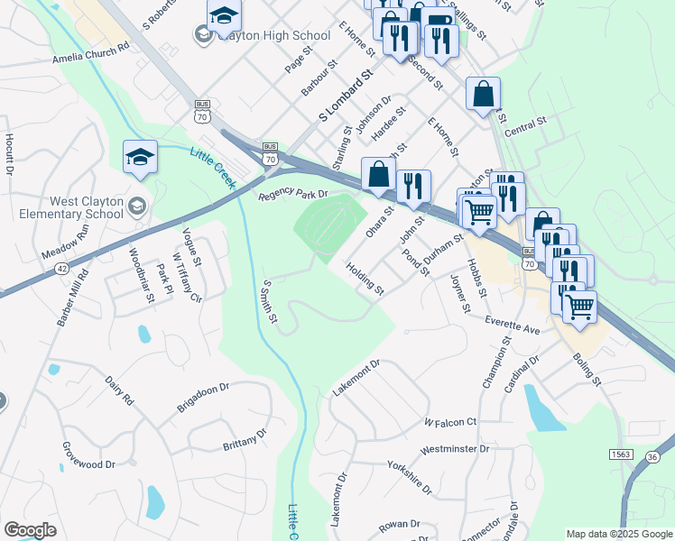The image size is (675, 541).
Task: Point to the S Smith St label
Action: tap(269, 301)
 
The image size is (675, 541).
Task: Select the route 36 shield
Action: tap(652, 458)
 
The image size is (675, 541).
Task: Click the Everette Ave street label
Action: tap(512, 326)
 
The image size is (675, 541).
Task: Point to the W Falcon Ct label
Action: tap(449, 421)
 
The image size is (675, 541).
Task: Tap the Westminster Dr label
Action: tap(455, 448)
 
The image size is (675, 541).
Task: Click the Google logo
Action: tap(30, 529)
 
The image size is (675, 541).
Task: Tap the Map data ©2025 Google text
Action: tap(618, 534)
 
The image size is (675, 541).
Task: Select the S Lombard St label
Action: tap(345, 100)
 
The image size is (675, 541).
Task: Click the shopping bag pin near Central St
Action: tap(483, 93)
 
